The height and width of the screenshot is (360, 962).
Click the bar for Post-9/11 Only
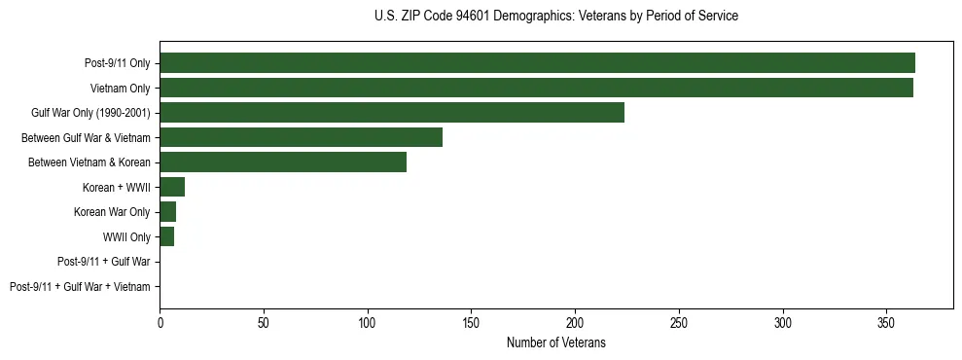point(537,63)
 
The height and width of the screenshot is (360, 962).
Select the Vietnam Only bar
point(536,88)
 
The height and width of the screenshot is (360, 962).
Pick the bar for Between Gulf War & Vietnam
point(301,137)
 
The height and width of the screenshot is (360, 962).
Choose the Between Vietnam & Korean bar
point(283,162)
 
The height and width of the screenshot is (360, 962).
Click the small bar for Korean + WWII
point(172,187)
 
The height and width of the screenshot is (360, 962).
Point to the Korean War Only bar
point(168,212)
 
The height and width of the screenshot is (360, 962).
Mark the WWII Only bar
point(167,236)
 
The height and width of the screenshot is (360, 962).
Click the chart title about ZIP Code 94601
point(555,17)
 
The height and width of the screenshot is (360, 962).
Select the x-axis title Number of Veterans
point(555,342)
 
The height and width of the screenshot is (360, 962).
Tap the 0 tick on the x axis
point(160,322)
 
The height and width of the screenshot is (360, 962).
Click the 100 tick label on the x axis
point(368,322)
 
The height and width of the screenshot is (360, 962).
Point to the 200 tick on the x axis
point(575,322)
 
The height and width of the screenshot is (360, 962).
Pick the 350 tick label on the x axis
point(886,322)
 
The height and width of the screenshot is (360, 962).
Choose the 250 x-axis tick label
point(679,322)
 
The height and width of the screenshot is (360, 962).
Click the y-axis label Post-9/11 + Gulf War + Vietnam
point(80,287)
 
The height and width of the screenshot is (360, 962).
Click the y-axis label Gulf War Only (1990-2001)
point(90,113)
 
